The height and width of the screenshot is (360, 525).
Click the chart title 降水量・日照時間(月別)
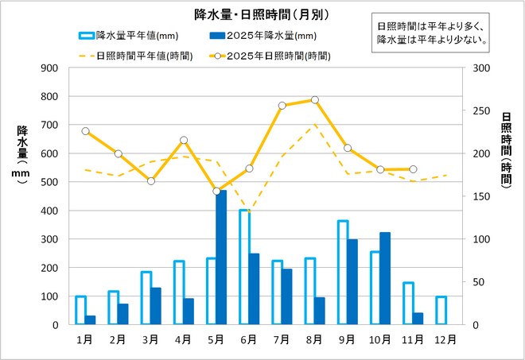coord(262,14)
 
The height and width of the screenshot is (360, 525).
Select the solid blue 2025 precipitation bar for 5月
coord(222,257)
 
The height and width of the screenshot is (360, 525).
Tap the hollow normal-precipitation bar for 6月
coord(244,267)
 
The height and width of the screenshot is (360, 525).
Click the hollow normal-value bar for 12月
coord(441,310)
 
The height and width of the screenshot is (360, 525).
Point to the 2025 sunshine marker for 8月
coord(315,100)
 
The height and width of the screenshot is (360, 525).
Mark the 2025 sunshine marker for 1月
coord(85,131)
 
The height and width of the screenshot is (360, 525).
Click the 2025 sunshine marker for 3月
coord(151,181)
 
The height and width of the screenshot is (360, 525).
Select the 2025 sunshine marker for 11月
coord(413,169)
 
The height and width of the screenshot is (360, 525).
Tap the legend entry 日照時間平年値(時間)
coord(136,56)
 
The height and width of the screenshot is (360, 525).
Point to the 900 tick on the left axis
coord(50,68)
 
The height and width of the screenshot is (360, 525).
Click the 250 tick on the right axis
coord(481,110)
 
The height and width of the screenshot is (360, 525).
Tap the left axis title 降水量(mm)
coord(22,154)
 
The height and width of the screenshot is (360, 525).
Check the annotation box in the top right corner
coord(434,29)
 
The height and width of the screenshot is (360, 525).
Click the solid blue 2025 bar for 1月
coord(91,319)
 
